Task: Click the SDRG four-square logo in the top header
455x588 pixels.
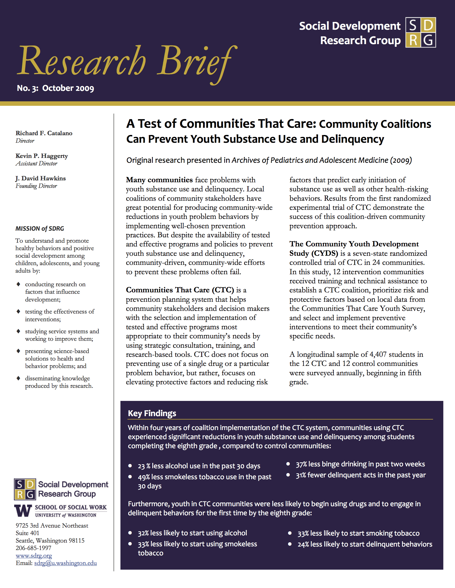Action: pos(420,33)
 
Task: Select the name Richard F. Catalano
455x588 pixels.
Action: pos(44,133)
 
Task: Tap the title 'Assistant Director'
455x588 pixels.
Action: pos(36,163)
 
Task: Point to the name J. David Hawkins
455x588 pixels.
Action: pos(41,178)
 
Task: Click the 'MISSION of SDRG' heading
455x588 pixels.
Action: pos(40,229)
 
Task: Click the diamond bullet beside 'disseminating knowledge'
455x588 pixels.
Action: pos(18,378)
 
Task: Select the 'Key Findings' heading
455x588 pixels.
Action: pos(152,413)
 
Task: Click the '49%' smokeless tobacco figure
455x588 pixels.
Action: pos(144,477)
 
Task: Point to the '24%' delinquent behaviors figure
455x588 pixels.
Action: pos(303,544)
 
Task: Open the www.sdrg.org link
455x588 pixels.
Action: pos(34,555)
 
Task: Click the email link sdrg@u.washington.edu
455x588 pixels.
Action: pos(65,563)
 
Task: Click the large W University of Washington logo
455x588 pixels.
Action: pos(23,511)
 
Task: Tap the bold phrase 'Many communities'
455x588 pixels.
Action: pos(159,180)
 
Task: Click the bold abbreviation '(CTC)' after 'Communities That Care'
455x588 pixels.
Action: pos(223,290)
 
